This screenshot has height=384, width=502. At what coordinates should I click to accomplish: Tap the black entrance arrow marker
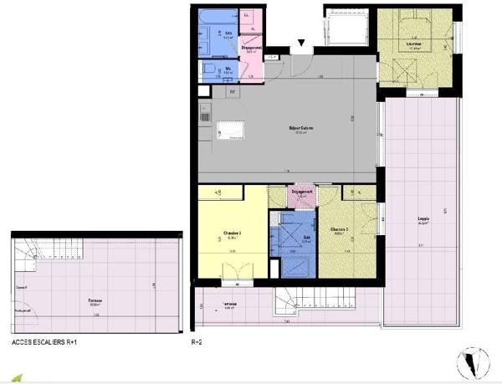pyautogui.click(x=302, y=44)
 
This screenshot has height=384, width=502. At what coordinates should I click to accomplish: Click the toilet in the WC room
pyautogui.click(x=207, y=70)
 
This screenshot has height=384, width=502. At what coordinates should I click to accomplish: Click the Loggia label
pyautogui.click(x=423, y=222)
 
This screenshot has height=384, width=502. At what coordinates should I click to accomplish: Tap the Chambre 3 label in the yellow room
pyautogui.click(x=233, y=233)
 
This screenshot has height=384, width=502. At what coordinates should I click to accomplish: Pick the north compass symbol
pyautogui.click(x=474, y=360)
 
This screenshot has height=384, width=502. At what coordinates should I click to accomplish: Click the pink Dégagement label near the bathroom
pyautogui.click(x=252, y=49)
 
